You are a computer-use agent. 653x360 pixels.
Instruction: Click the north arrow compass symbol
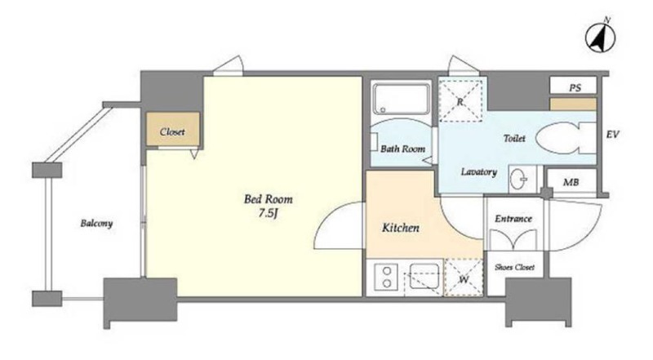point(601,37)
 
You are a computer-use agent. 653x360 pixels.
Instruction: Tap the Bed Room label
point(269,199)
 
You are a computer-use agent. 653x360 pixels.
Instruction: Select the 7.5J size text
point(268,213)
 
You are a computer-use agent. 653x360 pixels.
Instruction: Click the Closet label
point(172,132)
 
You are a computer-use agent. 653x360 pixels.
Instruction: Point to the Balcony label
point(96,224)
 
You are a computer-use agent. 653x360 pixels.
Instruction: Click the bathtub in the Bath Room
point(401,99)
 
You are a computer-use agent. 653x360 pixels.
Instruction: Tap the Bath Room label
point(402,149)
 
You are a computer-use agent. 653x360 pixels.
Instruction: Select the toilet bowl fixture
point(566,138)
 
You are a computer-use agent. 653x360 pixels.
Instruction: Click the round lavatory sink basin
point(518,180)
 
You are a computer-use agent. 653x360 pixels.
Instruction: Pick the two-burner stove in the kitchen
point(385,277)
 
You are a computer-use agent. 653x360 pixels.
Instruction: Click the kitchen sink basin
point(424,275)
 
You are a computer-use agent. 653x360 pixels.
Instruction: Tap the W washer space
point(464,278)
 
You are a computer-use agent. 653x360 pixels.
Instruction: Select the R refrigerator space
point(460,101)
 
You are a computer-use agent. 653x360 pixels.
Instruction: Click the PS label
point(575,88)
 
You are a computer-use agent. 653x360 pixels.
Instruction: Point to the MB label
point(571,182)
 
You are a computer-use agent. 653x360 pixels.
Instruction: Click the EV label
point(612,135)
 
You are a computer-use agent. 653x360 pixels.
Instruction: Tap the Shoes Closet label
point(514,267)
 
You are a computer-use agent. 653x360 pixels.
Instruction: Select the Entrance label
point(513,219)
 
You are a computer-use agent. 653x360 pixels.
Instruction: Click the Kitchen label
point(401,228)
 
